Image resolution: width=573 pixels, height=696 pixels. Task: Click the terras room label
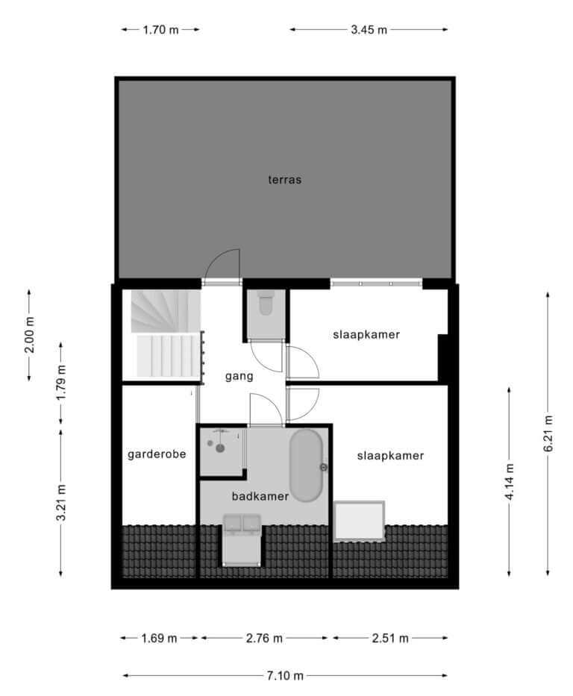284,180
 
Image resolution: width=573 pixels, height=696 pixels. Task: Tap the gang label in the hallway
239,377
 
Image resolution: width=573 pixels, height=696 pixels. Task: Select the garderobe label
157,454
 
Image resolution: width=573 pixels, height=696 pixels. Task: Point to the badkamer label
260,496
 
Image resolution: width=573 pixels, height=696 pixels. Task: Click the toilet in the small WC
266,302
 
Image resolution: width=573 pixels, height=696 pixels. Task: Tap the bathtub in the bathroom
306,465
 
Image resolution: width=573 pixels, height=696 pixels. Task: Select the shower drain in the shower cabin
220,448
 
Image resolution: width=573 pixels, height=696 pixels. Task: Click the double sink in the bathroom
242,523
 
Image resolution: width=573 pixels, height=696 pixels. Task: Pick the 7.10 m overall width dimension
285,676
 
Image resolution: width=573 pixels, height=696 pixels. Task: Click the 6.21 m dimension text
548,433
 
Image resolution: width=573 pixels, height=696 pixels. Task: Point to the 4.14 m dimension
509,482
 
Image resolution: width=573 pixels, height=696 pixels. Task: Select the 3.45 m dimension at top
369,30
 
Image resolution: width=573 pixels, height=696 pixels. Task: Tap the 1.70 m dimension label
160,30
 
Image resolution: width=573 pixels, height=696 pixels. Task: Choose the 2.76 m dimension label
264,639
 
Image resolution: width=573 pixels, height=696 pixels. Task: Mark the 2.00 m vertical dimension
29,335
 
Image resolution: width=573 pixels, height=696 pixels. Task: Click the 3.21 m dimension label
61,503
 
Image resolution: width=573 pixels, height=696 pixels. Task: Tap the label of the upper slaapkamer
366,334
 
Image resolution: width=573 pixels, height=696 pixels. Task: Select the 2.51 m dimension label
390,639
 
